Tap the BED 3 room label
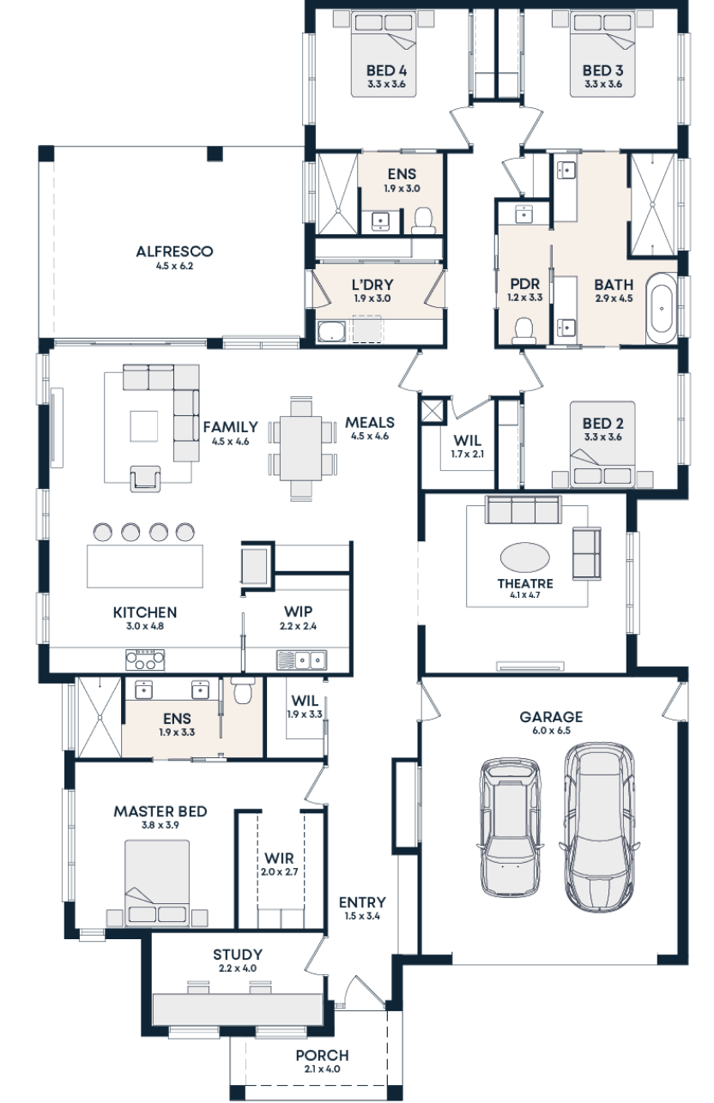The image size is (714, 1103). point(602,70)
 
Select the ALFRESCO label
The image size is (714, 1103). point(174,252)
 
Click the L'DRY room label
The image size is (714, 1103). point(372,285)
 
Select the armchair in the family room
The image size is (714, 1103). point(145,478)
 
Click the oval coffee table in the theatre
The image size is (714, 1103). point(525,558)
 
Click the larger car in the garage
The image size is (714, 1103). point(599,825)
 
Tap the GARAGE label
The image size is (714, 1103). point(551,717)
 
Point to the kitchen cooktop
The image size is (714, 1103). point(145,660)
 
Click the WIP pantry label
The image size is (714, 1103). point(298,612)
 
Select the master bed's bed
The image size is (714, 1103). point(157,882)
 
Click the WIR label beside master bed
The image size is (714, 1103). point(279,859)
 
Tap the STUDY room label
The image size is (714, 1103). point(238,955)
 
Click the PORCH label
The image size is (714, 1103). point(322,1056)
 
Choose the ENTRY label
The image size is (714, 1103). point(361,902)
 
